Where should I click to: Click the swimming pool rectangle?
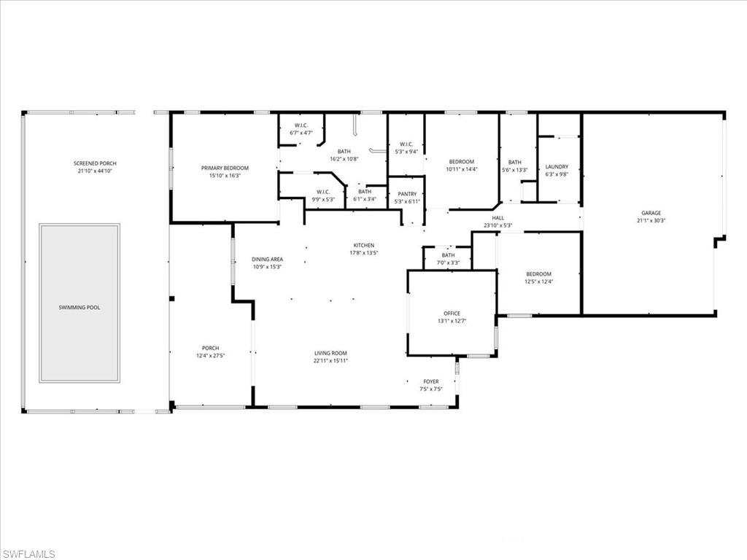(80, 303)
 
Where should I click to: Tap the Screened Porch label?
(95, 163)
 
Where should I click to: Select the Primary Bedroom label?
(225, 168)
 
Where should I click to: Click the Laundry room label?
(557, 166)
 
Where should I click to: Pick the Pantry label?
(406, 194)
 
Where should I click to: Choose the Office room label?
(452, 314)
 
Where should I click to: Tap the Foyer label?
(431, 381)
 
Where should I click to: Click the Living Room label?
(330, 353)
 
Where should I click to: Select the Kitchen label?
(363, 245)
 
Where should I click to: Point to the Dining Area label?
(267, 259)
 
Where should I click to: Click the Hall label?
(498, 217)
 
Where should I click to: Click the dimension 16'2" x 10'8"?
(344, 158)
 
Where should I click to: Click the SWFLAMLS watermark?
(29, 554)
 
